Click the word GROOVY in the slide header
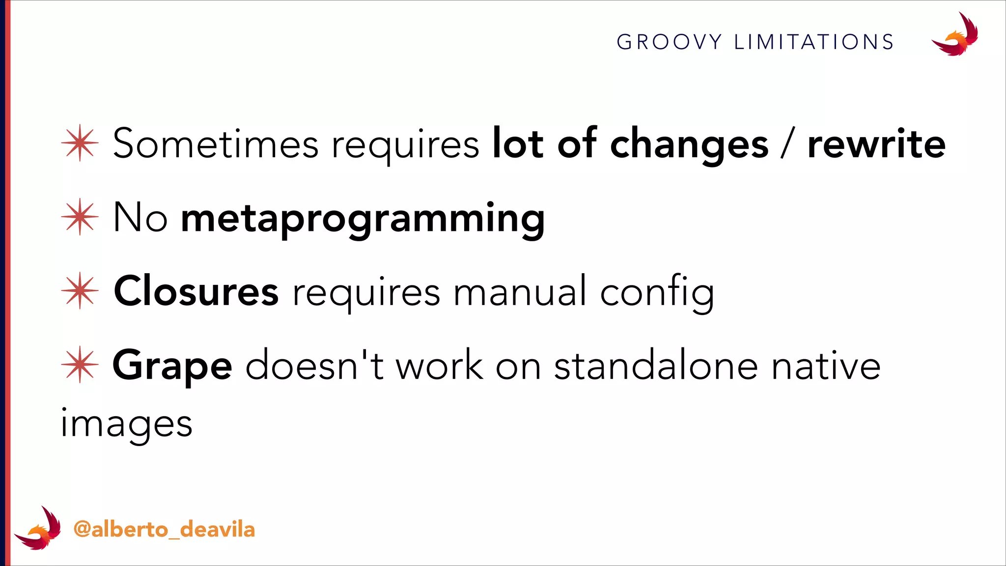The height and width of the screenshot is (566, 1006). pos(669,42)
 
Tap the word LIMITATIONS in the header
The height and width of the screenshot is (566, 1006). pos(814,42)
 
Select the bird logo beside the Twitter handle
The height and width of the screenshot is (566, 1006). pos(38,528)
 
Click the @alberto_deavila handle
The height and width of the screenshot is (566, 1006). pos(164,530)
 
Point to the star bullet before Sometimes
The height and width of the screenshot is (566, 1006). pos(80,143)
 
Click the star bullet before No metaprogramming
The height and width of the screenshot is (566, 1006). pos(80,217)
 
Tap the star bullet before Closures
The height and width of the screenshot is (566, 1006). pos(80,290)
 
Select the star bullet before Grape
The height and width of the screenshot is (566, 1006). pos(80,365)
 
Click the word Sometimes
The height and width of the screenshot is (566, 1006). pos(216,143)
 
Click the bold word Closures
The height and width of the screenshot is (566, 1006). pos(196,291)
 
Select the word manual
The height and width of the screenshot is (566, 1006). pos(520,291)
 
